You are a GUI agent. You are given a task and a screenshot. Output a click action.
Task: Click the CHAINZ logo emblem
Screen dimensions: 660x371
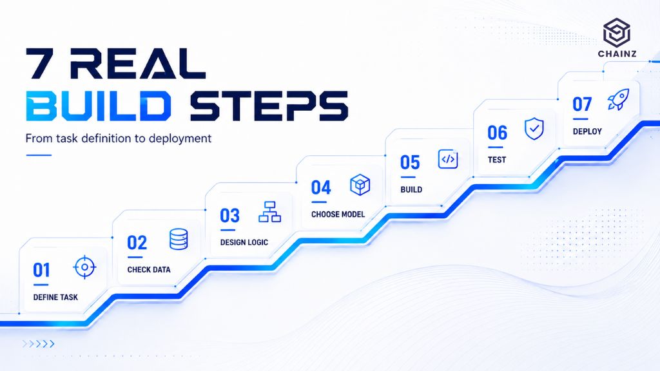pos(617,32)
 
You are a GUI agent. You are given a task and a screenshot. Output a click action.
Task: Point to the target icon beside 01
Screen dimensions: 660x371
pos(84,267)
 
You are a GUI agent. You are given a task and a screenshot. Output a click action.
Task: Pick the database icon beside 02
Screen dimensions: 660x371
pos(179,240)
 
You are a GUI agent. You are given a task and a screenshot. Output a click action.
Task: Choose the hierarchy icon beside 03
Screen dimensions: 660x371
pos(270,211)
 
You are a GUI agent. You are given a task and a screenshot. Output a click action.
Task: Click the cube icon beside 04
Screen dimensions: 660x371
pos(360,185)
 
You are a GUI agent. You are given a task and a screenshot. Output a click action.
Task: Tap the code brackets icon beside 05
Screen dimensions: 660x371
pos(448,159)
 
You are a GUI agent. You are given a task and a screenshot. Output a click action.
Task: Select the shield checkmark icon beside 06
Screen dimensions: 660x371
pos(534,129)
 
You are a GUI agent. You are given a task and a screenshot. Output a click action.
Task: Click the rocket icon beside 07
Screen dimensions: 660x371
pos(618,100)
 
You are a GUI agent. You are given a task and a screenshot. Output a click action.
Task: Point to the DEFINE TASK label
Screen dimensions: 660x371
pos(55,298)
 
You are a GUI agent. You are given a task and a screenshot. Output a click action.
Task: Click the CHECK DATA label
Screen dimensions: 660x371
pos(149,270)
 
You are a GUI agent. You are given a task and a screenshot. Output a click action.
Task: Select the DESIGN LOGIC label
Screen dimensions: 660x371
pos(244,242)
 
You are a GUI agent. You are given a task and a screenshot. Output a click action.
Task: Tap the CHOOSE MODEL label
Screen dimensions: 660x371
pos(338,214)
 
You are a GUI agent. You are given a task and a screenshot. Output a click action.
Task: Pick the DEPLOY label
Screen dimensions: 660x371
pos(587,131)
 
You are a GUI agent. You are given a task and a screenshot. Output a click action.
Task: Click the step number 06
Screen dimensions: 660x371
pos(497,133)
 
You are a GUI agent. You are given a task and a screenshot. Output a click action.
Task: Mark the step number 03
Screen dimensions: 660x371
pos(230,216)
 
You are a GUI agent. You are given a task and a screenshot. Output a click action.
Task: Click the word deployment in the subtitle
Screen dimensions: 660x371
pos(180,139)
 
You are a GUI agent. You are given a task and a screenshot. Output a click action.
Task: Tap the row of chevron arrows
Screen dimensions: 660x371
pos(38,344)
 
